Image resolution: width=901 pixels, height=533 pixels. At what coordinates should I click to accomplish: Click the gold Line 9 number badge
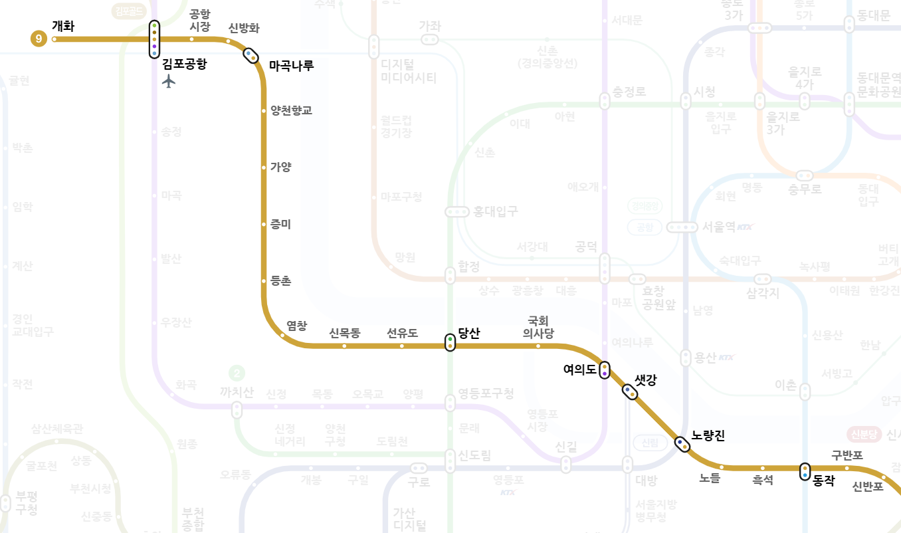39,39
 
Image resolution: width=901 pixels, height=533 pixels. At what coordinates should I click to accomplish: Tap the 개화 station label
63,27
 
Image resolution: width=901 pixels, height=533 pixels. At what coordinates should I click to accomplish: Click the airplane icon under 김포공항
169,81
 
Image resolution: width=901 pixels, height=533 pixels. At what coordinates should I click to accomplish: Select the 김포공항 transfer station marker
154,39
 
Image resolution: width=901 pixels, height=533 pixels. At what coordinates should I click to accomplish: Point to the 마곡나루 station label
291,65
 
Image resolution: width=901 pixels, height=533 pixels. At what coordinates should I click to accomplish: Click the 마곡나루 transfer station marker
250,55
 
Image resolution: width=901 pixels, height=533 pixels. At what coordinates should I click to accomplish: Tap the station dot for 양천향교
264,110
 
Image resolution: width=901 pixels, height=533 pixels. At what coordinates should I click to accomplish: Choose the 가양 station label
280,167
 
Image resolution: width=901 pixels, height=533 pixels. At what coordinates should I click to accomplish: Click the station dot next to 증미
264,225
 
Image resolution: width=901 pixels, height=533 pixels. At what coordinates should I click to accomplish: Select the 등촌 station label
280,281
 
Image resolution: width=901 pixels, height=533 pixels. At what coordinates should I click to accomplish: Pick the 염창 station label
296,325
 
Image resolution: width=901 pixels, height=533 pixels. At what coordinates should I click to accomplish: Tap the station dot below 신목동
344,346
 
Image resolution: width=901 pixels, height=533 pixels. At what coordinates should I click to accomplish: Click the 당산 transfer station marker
450,342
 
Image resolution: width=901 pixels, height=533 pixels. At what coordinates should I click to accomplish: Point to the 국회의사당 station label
538,326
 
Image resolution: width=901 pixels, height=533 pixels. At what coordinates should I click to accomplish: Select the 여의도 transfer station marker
604,370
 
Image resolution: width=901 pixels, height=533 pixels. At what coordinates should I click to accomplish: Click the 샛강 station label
645,379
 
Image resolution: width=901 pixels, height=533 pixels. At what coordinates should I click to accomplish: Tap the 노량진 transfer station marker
682,444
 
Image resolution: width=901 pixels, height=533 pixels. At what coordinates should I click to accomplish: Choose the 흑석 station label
762,480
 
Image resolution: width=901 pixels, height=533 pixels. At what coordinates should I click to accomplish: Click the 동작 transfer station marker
805,471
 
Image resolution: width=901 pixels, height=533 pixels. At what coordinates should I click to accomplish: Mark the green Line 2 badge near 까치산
236,373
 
